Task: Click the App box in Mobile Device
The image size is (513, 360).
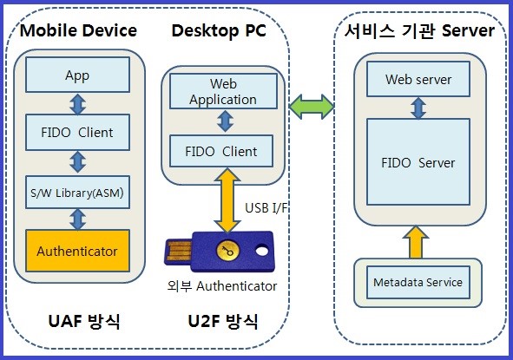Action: click(77, 75)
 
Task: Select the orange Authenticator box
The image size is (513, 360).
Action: click(77, 251)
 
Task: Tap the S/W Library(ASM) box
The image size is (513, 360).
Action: click(77, 193)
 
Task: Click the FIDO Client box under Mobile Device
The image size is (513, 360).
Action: click(77, 132)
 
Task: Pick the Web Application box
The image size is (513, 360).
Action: click(223, 91)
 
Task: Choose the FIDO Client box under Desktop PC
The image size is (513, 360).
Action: click(221, 151)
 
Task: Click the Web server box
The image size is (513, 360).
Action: click(418, 79)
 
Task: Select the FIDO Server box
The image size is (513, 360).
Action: click(418, 162)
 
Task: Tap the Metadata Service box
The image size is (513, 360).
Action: click(418, 282)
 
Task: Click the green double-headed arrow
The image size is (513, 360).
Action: click(312, 107)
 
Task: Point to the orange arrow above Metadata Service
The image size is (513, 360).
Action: click(416, 242)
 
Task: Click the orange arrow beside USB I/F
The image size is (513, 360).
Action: click(227, 200)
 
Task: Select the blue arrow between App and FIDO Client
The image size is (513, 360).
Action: click(78, 104)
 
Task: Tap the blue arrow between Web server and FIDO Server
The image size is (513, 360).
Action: click(418, 108)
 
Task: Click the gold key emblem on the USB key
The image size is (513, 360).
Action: click(227, 251)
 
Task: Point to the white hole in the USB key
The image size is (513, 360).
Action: click(262, 251)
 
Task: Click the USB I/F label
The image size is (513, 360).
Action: click(266, 208)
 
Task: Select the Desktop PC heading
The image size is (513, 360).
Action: click(219, 30)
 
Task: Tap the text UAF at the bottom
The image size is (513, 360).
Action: click(65, 321)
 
